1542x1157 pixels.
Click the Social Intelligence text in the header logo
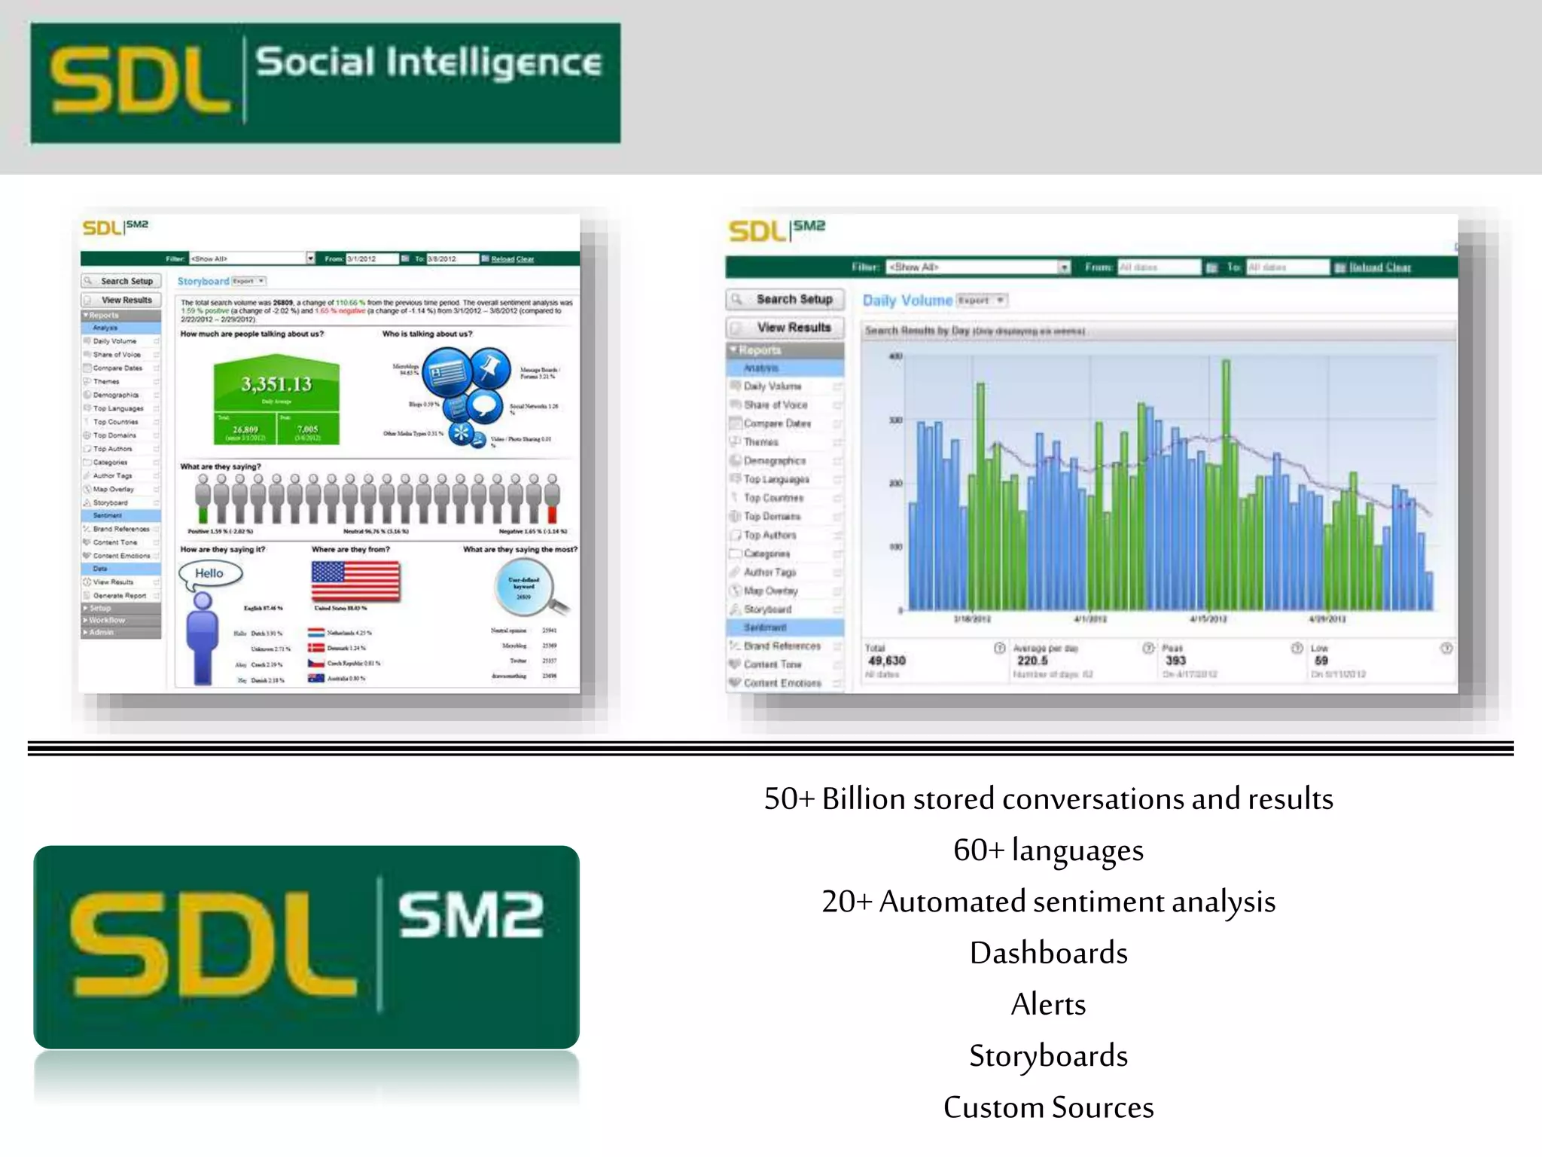tap(428, 63)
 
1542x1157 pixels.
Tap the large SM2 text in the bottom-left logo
tap(470, 915)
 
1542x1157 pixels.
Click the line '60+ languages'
tap(1048, 850)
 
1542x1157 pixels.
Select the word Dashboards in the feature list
tap(1048, 953)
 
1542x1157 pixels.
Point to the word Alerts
tap(1048, 1004)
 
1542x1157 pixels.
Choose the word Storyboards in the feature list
tap(1048, 1055)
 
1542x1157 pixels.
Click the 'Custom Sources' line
tap(1048, 1107)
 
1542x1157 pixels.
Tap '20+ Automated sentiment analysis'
tap(1048, 902)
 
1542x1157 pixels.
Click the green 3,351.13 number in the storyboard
tap(276, 384)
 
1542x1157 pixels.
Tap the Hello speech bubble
tap(210, 573)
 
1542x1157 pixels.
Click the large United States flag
tap(355, 582)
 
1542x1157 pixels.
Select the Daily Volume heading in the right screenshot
tap(907, 301)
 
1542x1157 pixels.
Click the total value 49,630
tap(887, 661)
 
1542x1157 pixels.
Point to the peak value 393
tap(1175, 661)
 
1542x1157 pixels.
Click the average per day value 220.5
tap(1032, 661)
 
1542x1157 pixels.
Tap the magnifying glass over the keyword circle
tap(527, 588)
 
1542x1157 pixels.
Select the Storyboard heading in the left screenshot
tap(203, 281)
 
